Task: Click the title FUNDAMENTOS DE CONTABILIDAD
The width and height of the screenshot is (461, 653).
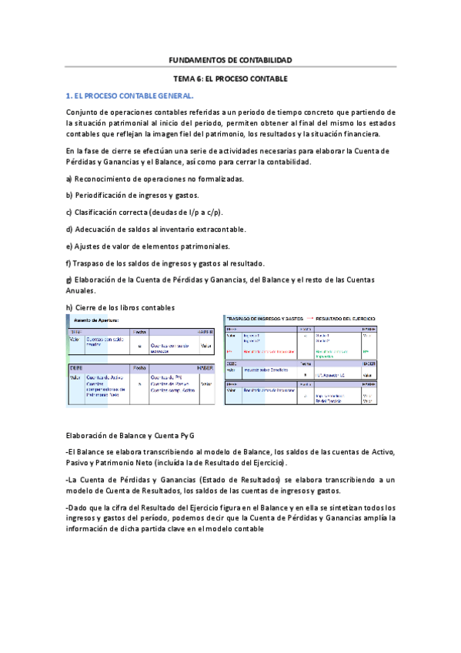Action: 230,60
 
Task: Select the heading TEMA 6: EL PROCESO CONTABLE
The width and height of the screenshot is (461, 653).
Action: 230,79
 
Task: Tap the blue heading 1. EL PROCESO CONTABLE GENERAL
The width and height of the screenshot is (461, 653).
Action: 130,96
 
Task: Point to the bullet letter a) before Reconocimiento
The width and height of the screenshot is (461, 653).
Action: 70,179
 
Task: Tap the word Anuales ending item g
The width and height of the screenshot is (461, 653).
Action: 82,291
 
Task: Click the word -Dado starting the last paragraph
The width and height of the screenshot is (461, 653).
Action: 78,507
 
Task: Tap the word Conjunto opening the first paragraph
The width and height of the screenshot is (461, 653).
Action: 83,112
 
